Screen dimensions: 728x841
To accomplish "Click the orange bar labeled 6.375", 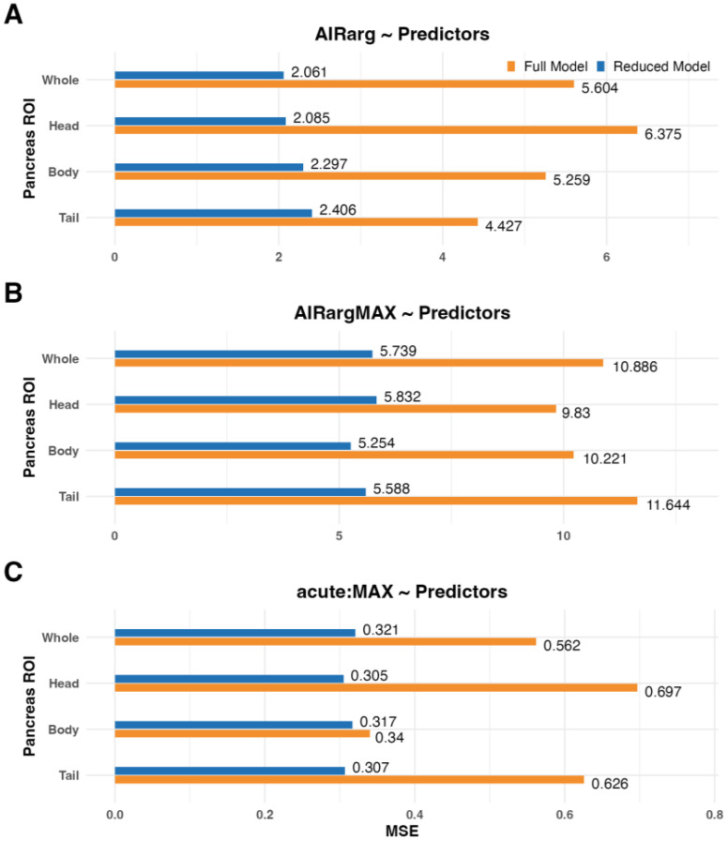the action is point(376,129).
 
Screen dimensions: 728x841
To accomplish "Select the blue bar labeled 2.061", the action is point(199,75).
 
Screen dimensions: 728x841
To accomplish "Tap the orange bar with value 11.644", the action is point(376,501).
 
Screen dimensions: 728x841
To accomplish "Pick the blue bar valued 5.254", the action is point(233,445).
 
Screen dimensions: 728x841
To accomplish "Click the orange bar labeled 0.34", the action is point(242,733).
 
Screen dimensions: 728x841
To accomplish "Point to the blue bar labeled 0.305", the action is point(229,679).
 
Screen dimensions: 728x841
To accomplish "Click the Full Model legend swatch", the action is point(511,67).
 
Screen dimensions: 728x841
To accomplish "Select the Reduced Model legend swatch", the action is point(600,67).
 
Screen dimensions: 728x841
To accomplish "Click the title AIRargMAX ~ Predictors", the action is point(402,313).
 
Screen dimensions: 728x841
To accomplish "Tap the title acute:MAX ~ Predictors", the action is point(402,592).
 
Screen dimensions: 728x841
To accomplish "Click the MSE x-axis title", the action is point(402,831).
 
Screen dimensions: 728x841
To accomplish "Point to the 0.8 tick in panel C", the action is point(715,814).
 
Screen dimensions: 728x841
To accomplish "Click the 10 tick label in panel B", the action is point(563,535).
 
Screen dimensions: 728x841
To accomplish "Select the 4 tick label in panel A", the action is point(443,257).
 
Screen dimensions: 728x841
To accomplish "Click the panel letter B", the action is point(13,293).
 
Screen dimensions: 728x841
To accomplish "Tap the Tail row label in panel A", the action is point(68,218).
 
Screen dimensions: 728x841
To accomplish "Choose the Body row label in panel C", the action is point(64,729).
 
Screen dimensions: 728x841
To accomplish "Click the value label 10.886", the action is point(634,367).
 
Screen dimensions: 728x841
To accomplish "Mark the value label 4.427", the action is point(504,226).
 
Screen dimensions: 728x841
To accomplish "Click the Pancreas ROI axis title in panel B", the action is point(29,428).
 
